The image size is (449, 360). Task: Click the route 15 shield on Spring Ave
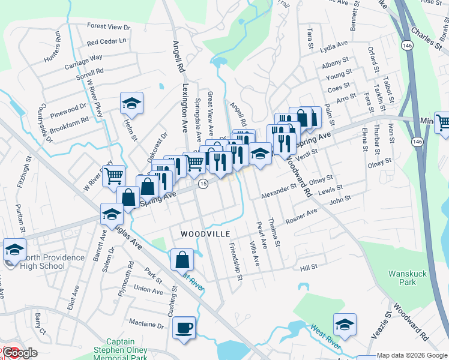[x=204, y=184]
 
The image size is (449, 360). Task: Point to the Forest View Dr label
[x=109, y=26]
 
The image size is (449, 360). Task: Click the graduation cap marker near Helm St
[x=131, y=103]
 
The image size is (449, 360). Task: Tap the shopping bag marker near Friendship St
[x=182, y=260]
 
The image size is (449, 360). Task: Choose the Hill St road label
[x=309, y=266]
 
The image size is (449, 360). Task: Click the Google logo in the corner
[x=19, y=353]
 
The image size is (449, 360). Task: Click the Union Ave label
[x=148, y=290]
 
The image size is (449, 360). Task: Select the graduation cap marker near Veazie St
[x=345, y=325]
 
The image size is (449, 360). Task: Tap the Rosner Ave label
[x=302, y=216]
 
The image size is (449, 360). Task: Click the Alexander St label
[x=279, y=191]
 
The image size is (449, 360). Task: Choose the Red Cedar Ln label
[x=107, y=42]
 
